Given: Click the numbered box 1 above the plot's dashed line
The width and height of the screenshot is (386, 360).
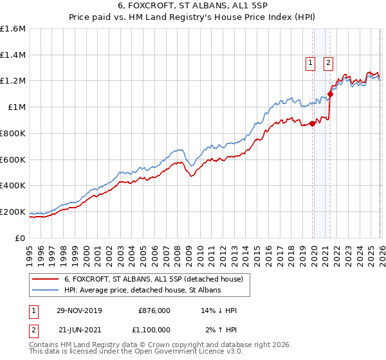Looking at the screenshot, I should pyautogui.click(x=311, y=62).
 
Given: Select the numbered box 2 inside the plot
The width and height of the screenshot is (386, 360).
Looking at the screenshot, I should pyautogui.click(x=328, y=62).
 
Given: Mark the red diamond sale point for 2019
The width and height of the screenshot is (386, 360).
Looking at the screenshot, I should pyautogui.click(x=312, y=123).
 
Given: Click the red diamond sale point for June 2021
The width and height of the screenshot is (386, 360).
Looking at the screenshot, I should pyautogui.click(x=330, y=94).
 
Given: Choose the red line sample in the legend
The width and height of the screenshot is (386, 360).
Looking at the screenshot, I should pyautogui.click(x=45, y=279).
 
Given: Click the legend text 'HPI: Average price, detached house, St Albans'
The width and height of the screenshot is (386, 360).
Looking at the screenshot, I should pyautogui.click(x=142, y=291).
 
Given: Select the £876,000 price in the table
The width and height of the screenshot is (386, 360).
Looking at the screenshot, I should pyautogui.click(x=154, y=310).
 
